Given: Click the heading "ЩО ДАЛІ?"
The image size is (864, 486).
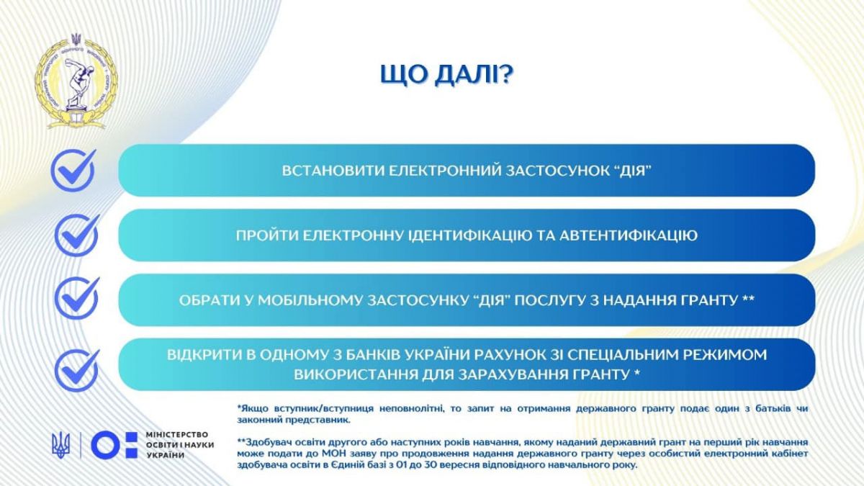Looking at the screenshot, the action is pyautogui.click(x=446, y=75).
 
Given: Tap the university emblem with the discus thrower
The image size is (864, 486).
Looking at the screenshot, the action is pyautogui.click(x=76, y=81).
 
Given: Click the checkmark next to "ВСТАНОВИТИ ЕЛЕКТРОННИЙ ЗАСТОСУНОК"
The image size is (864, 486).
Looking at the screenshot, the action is pyautogui.click(x=73, y=170).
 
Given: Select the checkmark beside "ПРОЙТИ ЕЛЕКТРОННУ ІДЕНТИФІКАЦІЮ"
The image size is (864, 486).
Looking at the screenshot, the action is pyautogui.click(x=77, y=235).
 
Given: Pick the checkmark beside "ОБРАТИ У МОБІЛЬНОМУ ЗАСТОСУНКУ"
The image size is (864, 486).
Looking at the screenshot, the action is pyautogui.click(x=77, y=298).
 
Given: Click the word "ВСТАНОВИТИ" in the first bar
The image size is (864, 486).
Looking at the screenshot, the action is pyautogui.click(x=333, y=171).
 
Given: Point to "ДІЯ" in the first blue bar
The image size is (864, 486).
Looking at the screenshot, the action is pyautogui.click(x=632, y=171).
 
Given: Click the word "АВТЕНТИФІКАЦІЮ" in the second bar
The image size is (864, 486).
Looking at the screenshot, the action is pyautogui.click(x=629, y=235).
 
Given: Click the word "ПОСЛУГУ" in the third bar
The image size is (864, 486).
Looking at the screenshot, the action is pyautogui.click(x=550, y=300).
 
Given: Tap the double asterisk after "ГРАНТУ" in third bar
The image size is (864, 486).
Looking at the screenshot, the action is pyautogui.click(x=748, y=299).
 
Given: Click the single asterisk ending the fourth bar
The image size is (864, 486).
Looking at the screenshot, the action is pyautogui.click(x=636, y=373).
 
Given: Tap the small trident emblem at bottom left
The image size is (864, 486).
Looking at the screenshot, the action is pyautogui.click(x=61, y=445).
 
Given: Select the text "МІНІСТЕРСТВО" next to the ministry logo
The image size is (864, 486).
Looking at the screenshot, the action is pyautogui.click(x=177, y=435).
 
